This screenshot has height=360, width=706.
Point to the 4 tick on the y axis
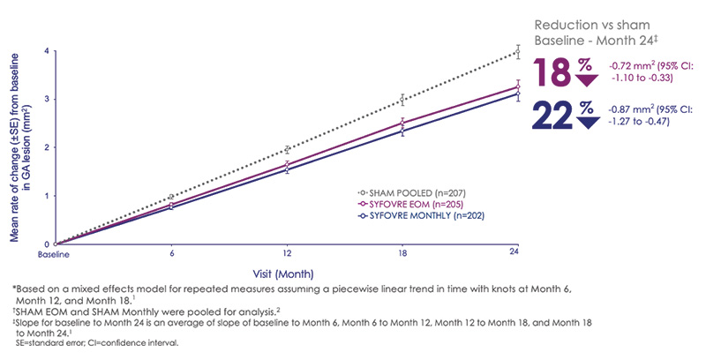[48, 51]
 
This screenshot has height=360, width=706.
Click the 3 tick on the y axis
[48, 99]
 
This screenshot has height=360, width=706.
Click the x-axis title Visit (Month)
[286, 273]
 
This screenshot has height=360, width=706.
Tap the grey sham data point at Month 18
[402, 100]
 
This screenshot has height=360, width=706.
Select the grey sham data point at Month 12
[287, 149]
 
